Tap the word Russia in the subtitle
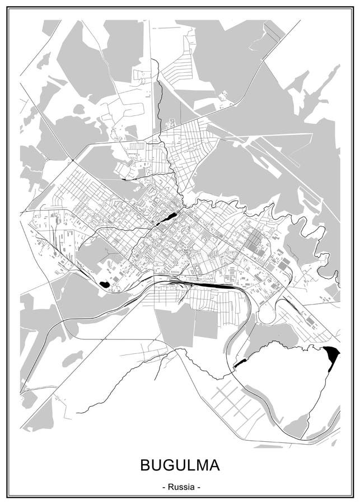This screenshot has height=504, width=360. coord(180,487)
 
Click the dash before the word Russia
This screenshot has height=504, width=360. coord(163,487)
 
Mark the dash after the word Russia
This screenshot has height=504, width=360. coord(198,487)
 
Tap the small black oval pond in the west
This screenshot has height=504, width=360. coord(104,284)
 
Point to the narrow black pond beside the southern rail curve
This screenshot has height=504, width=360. coord(239,363)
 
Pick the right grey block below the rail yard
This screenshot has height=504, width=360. coord(205,325)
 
